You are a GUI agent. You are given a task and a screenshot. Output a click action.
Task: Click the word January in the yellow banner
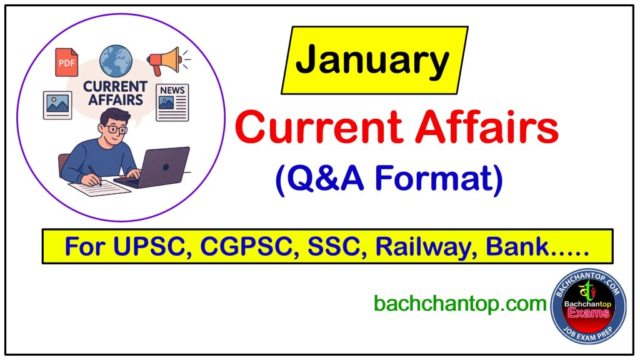tap(372, 61)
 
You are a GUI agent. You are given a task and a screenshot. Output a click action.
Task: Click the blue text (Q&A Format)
tap(389, 179)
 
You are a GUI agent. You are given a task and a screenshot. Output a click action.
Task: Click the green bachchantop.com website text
tap(460, 304)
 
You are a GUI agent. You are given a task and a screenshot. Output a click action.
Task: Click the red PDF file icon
tap(66, 62)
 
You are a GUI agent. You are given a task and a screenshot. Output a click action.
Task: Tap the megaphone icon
tap(164, 61)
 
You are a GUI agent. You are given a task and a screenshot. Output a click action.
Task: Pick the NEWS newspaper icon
tap(172, 102)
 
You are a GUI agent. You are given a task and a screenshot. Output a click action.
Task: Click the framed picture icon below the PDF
tap(57, 104)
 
